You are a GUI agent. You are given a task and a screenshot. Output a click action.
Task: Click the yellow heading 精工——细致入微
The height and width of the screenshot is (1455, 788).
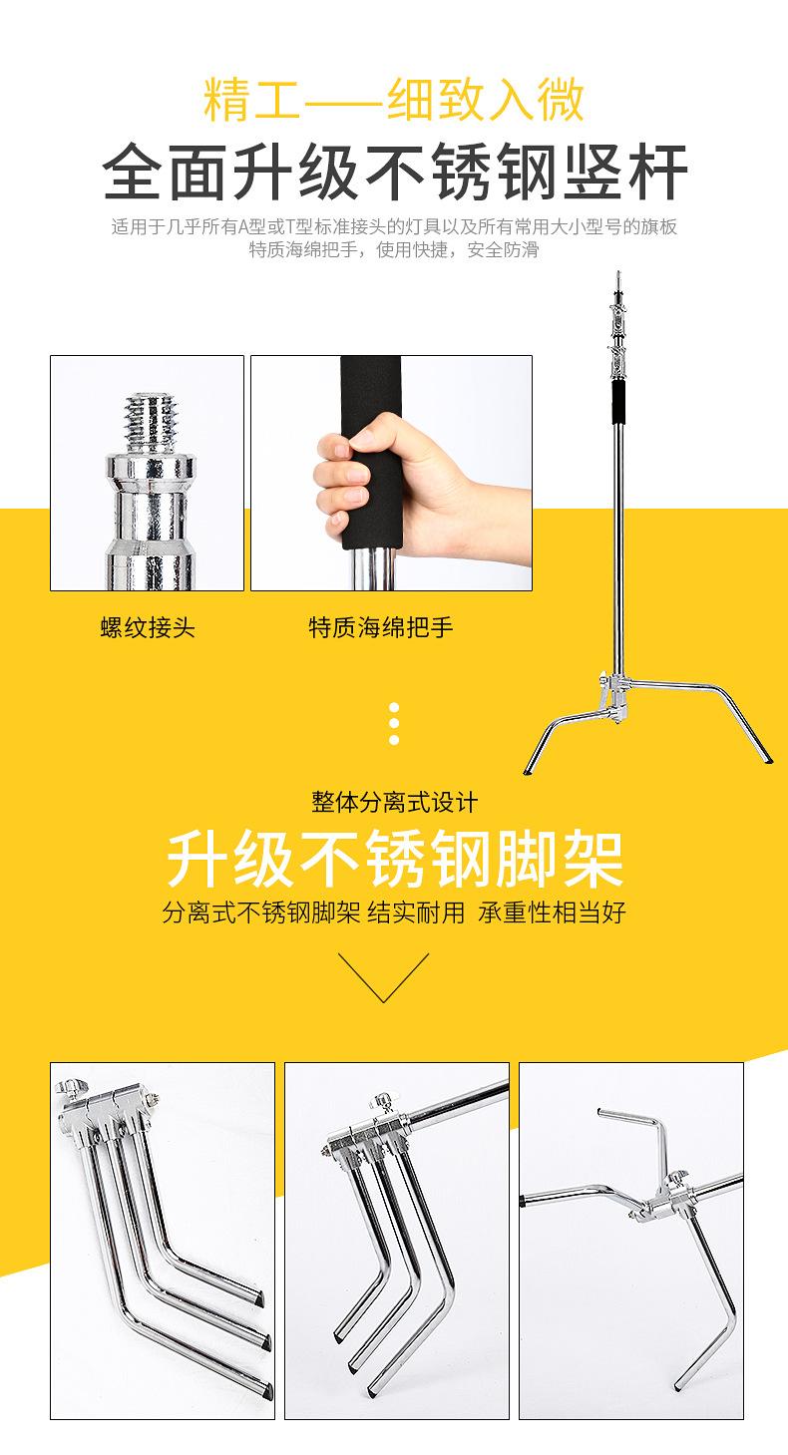(393, 102)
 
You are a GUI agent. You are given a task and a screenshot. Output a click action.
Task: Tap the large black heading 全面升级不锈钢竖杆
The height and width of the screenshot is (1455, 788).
(395, 172)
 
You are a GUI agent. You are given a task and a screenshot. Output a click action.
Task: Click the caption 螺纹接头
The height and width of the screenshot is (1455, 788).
(148, 627)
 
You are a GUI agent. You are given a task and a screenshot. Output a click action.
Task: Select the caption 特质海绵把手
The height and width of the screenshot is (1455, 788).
(381, 627)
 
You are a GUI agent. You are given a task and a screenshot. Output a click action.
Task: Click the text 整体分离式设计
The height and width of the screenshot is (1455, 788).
(394, 802)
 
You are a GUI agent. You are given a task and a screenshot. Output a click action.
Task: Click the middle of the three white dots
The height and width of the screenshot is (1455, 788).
(394, 723)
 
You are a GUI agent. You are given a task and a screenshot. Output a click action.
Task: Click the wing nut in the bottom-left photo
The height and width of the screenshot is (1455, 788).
(71, 1087)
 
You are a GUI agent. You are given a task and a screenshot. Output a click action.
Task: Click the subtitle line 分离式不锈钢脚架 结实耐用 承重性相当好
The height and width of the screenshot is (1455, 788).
(394, 912)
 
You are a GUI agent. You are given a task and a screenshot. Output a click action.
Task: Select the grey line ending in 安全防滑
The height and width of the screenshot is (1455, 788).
(394, 249)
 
